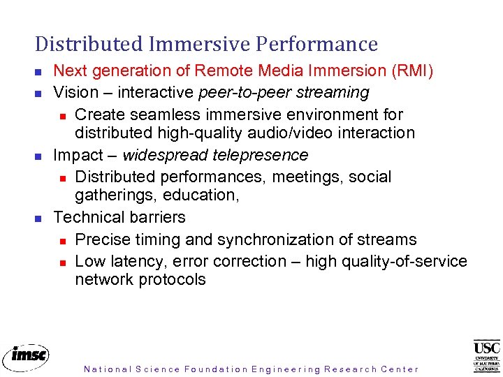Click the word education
(x=202, y=195)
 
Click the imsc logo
(x=26, y=355)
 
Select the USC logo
(x=487, y=355)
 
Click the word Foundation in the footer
(x=216, y=369)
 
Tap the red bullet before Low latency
(x=61, y=263)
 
